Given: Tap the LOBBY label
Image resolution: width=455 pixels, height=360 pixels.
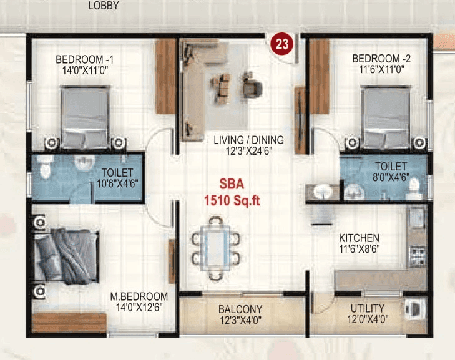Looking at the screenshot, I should pos(104,6).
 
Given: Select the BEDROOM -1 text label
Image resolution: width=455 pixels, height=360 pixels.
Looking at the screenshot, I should pos(84,59).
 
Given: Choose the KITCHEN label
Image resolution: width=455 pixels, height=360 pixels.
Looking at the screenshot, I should pos(359,238).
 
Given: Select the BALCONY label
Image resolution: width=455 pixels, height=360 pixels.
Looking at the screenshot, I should pos(240,309).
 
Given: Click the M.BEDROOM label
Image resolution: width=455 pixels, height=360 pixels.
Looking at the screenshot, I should pos(139,296).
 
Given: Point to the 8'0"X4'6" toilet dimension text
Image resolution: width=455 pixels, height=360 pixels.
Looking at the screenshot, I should pos(391,177).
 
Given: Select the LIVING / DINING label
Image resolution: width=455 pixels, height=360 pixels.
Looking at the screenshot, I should pos(248,140).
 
